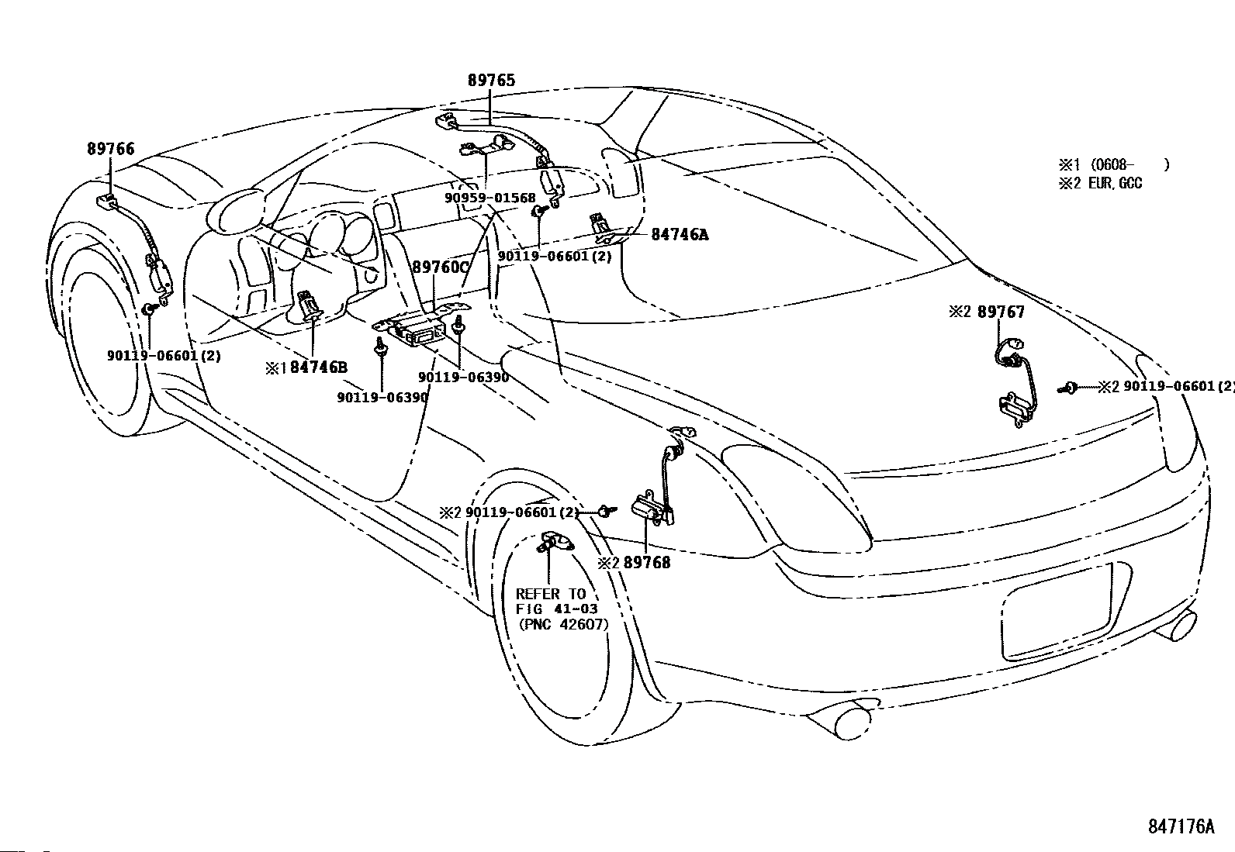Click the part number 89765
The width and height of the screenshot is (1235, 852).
click(491, 80)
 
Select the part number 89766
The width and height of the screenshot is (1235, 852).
click(110, 149)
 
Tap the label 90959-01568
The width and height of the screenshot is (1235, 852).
click(490, 198)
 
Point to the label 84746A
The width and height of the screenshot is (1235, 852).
click(680, 233)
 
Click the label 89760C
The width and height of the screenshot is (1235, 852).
click(441, 267)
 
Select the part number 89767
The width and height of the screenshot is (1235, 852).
click(1001, 312)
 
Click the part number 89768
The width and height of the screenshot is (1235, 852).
click(647, 563)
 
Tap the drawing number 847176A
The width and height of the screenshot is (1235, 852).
click(1181, 826)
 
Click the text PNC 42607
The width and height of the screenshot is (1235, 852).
click(562, 624)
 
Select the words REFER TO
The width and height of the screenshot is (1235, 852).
click(551, 594)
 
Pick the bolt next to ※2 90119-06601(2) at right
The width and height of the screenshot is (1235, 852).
click(1071, 387)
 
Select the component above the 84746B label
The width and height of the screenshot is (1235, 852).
click(310, 305)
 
